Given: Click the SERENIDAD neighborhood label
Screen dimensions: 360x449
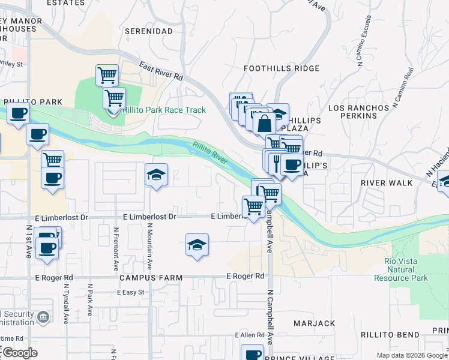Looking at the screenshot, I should [146, 31].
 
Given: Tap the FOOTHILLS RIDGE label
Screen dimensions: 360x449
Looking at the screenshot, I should [282, 69].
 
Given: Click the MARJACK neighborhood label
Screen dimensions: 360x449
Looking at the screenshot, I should [315, 323].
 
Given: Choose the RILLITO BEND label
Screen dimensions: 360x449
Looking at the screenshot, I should [390, 334].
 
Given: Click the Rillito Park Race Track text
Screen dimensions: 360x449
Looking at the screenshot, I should [164, 110].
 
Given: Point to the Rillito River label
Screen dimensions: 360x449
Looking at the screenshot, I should [210, 152].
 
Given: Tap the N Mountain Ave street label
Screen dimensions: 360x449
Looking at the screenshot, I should [149, 245].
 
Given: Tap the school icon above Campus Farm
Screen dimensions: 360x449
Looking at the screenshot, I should [196, 245].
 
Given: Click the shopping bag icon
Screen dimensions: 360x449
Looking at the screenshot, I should [264, 124].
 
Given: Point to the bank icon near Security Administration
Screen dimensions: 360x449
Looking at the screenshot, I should [43, 316].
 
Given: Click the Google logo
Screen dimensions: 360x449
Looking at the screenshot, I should [20, 353].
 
